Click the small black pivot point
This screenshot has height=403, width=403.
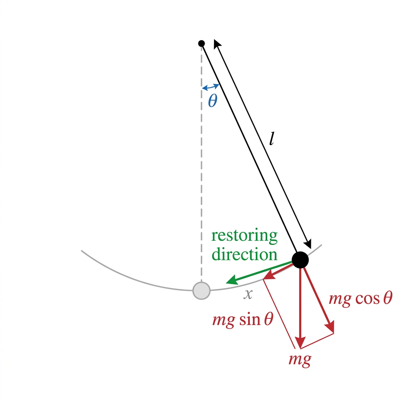[x=201, y=43]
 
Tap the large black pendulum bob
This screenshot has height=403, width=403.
[x=300, y=260]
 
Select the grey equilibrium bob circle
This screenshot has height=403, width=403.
[x=201, y=291]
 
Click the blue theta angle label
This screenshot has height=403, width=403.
[x=213, y=100]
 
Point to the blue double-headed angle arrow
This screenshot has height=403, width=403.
[x=211, y=87]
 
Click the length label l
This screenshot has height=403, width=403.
[x=272, y=139]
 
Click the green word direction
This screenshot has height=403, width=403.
[x=244, y=254]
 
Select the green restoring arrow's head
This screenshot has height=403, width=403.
[x=232, y=280]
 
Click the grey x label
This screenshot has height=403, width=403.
[x=248, y=294]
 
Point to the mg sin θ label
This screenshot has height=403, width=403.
[x=242, y=320]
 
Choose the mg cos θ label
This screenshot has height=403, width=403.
[x=360, y=299]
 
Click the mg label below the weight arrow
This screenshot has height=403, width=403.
[x=300, y=359]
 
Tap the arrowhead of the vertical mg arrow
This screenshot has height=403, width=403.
[x=300, y=342]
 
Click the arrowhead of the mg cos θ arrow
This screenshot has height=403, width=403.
[x=330, y=327]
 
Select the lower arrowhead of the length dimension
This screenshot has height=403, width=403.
[x=308, y=244]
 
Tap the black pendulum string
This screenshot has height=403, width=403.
[x=249, y=148]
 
